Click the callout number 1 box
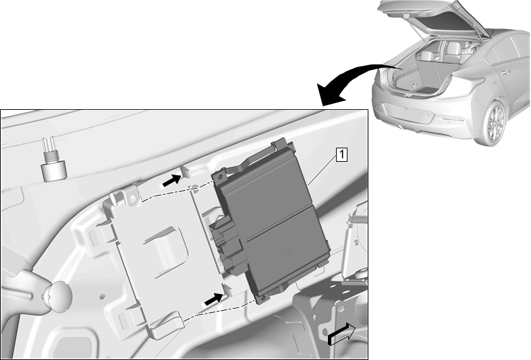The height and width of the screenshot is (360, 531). click(341, 154)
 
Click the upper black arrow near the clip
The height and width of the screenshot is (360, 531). click(171, 181)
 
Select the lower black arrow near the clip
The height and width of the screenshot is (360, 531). click(214, 299)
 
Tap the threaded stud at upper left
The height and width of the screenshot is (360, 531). click(53, 158)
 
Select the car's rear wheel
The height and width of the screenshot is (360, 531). click(495, 123)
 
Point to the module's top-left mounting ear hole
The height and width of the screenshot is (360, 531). click(220, 177)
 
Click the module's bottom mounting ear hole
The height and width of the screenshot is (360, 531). click(263, 298)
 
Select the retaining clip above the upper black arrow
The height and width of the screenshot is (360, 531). click(186, 171)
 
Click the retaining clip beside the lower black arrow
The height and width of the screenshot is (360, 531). click(227, 290)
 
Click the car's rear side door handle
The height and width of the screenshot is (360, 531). click(505, 71)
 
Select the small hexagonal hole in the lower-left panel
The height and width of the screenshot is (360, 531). click(103, 297)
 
